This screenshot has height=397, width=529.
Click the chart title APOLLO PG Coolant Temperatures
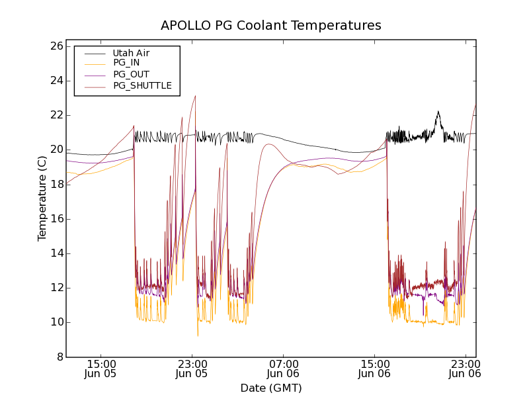tap(271, 26)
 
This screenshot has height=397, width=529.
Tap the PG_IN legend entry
tap(126, 63)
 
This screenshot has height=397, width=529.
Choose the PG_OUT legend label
tap(131, 74)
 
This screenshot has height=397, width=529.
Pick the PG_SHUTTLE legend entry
tap(142, 85)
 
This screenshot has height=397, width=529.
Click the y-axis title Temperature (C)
tap(42, 198)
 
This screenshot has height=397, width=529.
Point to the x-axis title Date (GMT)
tap(271, 388)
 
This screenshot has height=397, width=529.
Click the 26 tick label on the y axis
tap(56, 46)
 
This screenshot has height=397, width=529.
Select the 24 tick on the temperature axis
tap(56, 81)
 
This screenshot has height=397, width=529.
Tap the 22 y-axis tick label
tap(56, 115)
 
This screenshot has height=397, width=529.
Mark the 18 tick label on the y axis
tap(56, 184)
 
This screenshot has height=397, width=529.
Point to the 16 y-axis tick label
tap(56, 219)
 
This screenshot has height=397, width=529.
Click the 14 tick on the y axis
tap(56, 253)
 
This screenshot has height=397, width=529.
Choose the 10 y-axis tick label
tap(56, 322)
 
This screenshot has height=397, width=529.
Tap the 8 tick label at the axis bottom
tap(59, 357)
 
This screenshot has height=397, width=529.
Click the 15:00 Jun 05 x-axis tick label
tap(102, 369)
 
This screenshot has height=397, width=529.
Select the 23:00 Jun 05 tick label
tap(192, 369)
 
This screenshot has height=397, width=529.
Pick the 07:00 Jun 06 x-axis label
tap(284, 369)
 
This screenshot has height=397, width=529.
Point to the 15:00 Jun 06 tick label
tap(375, 369)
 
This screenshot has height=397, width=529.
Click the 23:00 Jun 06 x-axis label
tap(466, 369)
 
